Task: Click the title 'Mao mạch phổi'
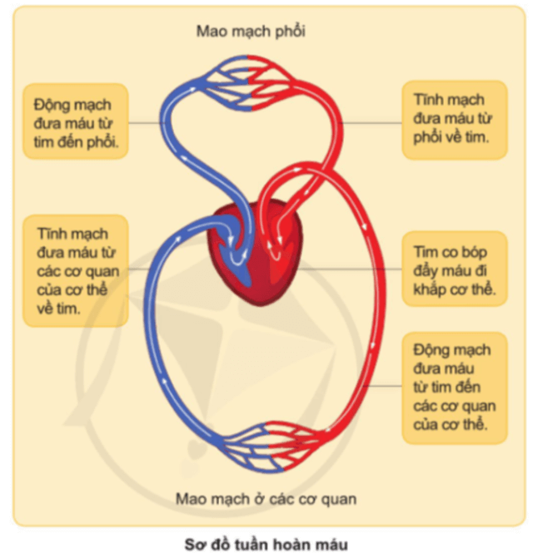pos(251,32)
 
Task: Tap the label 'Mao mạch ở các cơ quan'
pos(266,499)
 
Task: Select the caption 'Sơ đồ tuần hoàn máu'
pos(267,544)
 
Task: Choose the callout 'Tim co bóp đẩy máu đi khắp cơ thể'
pos(454,270)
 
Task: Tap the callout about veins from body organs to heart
pos(77,270)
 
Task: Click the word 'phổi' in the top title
pos(288,32)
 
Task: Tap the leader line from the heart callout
pos(350,269)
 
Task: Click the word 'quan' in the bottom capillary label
pos(338,499)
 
